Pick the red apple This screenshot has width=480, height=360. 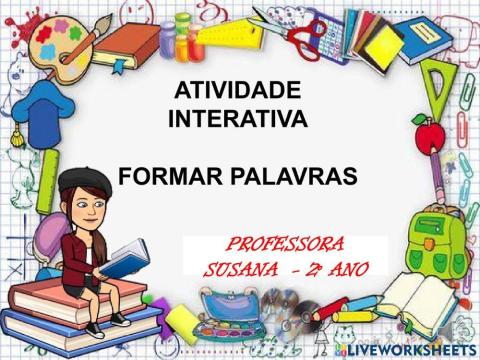point(427,131)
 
